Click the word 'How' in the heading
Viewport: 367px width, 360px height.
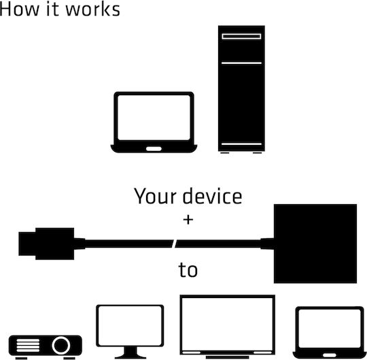19,10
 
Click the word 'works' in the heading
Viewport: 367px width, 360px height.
92,10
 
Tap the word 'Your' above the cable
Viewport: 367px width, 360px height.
155,196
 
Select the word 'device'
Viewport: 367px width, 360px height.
212,196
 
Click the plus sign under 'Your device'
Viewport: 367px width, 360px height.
188,220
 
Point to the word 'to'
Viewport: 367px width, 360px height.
188,270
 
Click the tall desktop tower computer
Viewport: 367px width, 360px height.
241,89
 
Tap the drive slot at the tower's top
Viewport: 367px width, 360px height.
241,36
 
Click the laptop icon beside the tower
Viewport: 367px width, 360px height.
154,122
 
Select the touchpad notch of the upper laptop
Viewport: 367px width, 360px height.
154,149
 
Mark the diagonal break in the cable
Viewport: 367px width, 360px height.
174,244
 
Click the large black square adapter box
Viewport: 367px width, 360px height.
315,244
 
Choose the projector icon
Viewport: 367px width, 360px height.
45,347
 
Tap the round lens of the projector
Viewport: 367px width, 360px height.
61,345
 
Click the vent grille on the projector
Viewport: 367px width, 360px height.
28,346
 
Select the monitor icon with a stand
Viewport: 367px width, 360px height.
130,331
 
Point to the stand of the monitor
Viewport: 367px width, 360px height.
130,353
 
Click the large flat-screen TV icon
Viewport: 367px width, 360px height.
227,327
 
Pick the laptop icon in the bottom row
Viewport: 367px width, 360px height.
330,332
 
